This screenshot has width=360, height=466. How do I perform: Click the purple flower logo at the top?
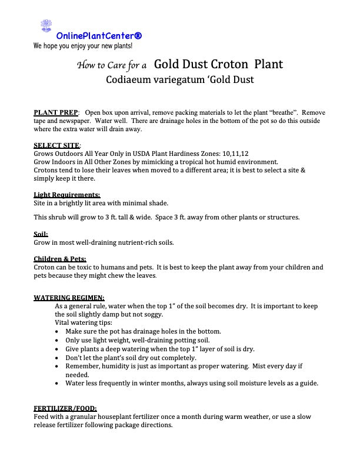point(46,25)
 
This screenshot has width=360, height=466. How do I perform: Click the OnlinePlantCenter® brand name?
point(99,36)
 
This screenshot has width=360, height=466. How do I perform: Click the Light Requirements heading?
point(66,195)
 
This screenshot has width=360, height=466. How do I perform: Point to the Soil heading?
point(41,234)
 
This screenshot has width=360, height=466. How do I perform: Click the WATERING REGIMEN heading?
point(69,298)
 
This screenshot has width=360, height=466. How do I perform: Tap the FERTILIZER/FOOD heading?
point(65,408)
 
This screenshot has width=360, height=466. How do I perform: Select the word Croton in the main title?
point(219,64)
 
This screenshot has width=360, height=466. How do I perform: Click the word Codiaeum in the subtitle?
point(130,80)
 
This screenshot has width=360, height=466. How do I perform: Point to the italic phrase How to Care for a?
point(112,65)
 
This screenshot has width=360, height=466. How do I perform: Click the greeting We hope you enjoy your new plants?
point(83,45)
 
